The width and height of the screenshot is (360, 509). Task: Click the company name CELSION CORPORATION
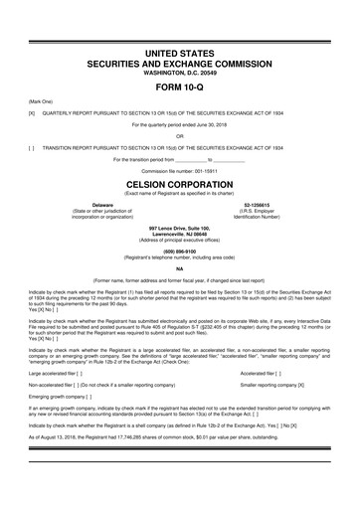click(179, 185)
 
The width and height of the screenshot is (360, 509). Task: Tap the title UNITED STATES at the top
click(179, 50)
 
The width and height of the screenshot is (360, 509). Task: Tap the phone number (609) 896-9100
click(179, 251)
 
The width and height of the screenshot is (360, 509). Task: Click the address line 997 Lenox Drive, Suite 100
click(179, 228)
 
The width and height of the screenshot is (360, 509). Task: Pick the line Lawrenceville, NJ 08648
click(179, 234)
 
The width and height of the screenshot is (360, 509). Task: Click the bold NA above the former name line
click(179, 269)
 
